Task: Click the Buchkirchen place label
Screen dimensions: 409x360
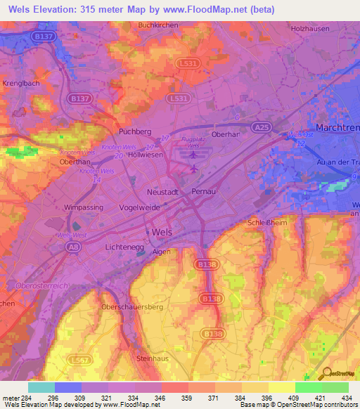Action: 156,25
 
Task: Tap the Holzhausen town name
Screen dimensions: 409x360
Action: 309,29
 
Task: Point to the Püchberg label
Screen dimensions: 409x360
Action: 135,131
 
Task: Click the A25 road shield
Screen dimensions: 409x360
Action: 262,127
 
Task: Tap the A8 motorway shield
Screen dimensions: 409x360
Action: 72,247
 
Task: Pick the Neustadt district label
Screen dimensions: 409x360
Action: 164,192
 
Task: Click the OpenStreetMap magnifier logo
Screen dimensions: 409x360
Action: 326,374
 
